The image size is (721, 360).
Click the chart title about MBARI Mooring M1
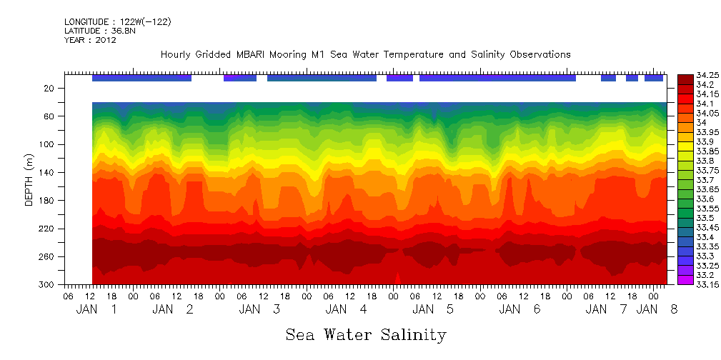coord(365,54)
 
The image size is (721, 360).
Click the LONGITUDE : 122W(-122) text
coord(117,22)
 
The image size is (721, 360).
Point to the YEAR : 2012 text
coord(90,40)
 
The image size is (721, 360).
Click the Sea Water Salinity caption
coord(365,334)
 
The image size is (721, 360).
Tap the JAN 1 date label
coord(97,309)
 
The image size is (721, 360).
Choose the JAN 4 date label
coord(347,309)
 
